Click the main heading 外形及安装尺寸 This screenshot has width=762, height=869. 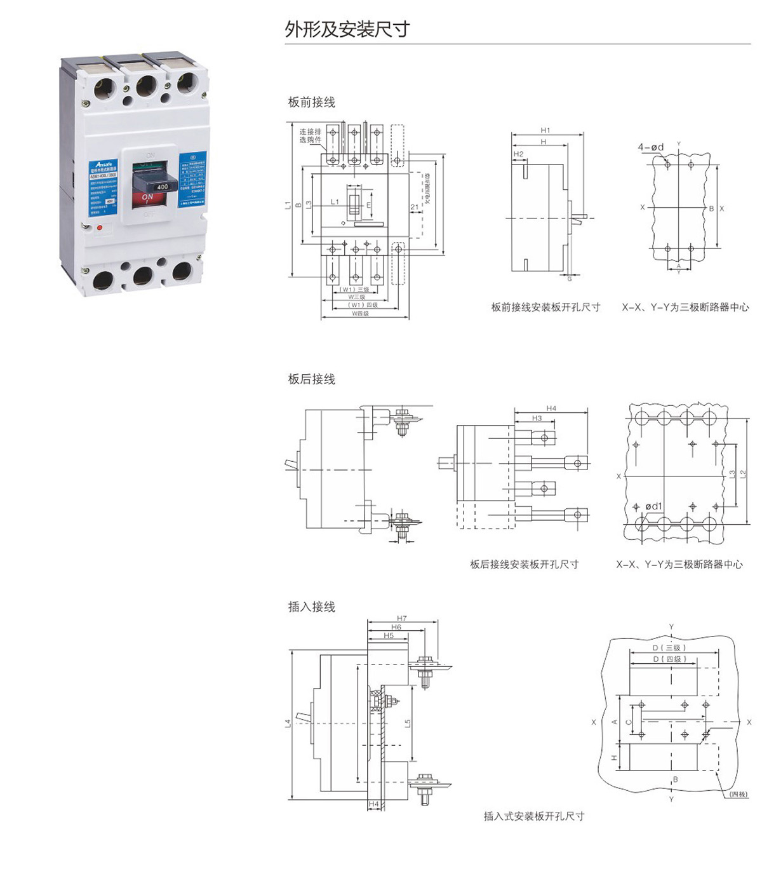pos(347,29)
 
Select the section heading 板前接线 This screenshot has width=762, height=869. pos(311,102)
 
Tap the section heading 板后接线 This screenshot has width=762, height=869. pos(311,379)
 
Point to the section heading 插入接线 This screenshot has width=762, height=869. pos(311,607)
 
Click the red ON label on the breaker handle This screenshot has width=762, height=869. pos(147,197)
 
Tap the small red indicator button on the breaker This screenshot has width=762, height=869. pos(99,226)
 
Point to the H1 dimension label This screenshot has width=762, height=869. pos(545,130)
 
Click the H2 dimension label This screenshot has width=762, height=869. pos(518,154)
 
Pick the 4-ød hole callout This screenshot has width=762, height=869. pos(650,147)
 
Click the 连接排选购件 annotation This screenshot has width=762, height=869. pos(311,136)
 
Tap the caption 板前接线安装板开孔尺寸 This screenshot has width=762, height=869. pos(545,307)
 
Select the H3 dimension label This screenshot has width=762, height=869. pos(537,419)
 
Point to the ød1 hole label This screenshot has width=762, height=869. pos(653,506)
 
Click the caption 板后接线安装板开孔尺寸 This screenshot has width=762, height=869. pos(524,564)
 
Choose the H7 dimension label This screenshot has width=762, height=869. pos(401,618)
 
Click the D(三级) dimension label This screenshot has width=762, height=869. pos(669,648)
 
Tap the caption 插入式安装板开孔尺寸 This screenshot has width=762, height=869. pos(533,816)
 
